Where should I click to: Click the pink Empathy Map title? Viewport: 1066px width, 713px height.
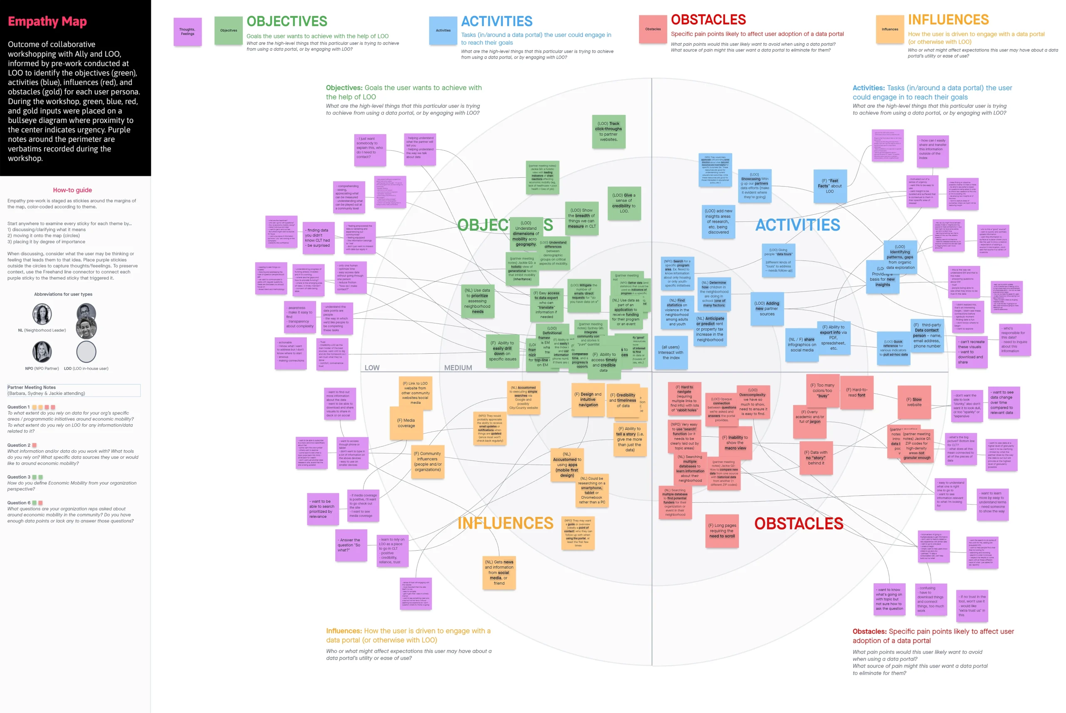click(x=47, y=21)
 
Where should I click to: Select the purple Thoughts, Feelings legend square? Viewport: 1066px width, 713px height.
click(x=187, y=31)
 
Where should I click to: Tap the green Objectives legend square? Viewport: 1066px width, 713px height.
click(x=228, y=30)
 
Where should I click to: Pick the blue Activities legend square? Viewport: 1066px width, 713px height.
click(x=443, y=30)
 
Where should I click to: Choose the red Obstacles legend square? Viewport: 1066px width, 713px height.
click(x=653, y=29)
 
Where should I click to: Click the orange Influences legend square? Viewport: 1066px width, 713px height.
click(x=889, y=29)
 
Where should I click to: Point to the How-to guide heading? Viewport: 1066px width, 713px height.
click(x=72, y=190)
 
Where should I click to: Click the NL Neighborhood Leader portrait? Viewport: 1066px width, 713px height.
click(x=42, y=314)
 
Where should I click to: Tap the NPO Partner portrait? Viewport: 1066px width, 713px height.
click(x=42, y=351)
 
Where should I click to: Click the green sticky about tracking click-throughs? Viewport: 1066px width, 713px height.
click(x=608, y=132)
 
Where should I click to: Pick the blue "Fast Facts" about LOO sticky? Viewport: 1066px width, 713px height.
click(x=829, y=186)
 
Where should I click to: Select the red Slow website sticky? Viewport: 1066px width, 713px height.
click(x=914, y=402)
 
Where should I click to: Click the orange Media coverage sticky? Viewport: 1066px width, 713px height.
click(x=406, y=423)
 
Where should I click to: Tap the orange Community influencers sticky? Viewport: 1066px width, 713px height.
click(x=428, y=462)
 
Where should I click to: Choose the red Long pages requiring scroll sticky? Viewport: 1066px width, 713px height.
click(x=722, y=531)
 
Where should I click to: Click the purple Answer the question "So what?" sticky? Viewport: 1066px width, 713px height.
click(x=351, y=545)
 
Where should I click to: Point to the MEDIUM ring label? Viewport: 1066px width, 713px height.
click(x=458, y=368)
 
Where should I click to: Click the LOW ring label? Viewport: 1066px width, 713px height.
click(x=372, y=368)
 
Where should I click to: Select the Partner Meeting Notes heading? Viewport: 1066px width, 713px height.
click(x=31, y=388)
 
